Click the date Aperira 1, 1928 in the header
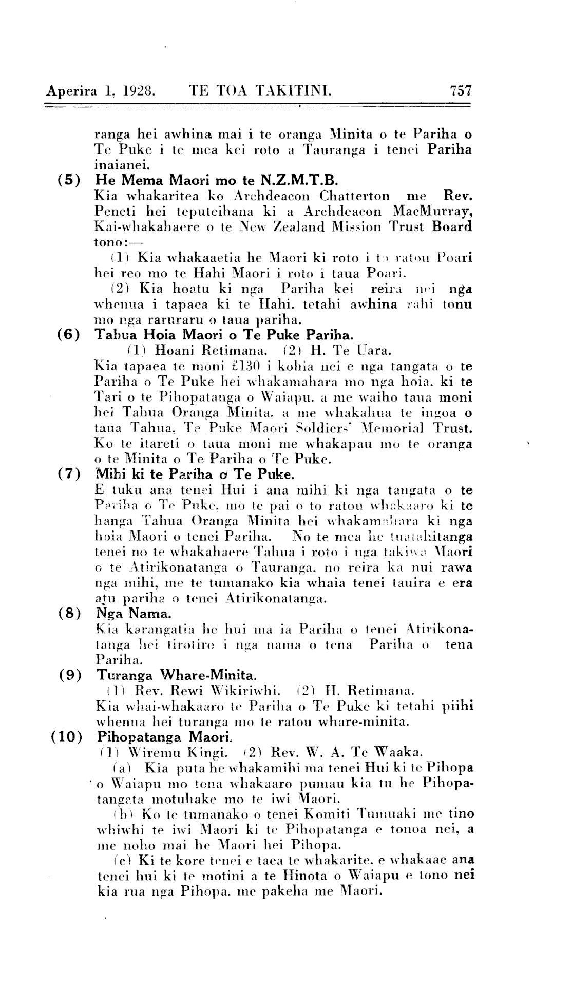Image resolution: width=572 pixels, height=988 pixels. click(101, 91)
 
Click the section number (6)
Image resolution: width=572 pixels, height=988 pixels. click(69, 336)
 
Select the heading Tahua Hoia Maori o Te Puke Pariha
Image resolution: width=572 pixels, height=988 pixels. click(224, 336)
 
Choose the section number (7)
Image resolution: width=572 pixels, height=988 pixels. click(69, 473)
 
